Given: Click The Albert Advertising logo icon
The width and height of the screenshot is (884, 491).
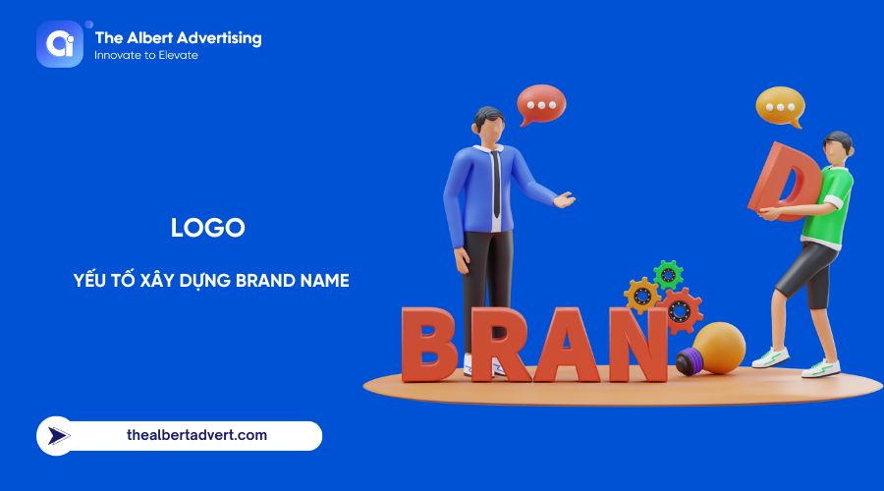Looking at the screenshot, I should [60, 44].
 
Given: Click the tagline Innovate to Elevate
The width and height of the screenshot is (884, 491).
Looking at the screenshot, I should [145, 56].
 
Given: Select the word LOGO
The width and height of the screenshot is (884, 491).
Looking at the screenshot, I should [207, 228].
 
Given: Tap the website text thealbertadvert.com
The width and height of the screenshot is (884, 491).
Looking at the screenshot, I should [196, 434].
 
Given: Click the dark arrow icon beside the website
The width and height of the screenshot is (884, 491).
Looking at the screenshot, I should [60, 435].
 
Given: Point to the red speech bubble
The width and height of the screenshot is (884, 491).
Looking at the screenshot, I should [541, 103].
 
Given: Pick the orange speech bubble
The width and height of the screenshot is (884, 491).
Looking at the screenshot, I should [779, 106].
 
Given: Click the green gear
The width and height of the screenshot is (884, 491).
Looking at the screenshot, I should [669, 275].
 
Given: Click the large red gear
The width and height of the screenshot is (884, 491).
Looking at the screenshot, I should [680, 311].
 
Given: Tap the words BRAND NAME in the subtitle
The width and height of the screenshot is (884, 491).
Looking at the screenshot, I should [291, 280].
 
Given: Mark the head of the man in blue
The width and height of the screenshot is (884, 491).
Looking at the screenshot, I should [488, 124].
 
